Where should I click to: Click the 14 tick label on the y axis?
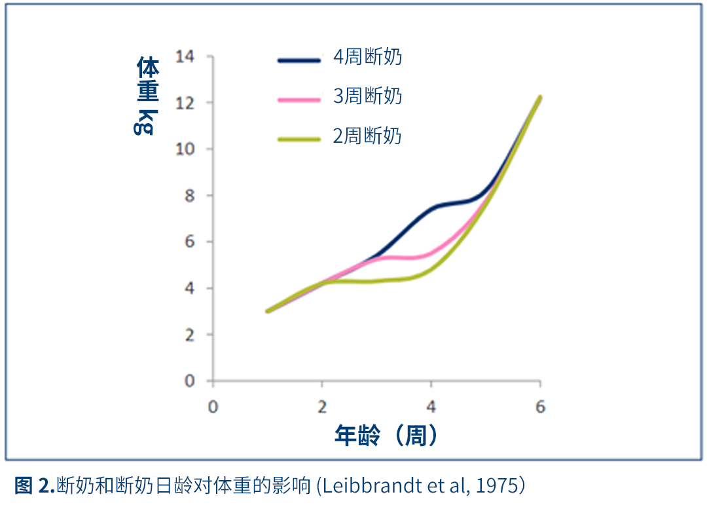point(185,56)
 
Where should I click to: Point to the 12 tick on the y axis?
point(185,103)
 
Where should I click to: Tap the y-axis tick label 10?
point(185,149)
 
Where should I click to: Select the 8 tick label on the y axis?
point(190,195)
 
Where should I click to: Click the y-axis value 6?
point(190,242)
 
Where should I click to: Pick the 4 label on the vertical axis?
point(190,288)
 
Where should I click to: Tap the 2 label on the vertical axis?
point(190,335)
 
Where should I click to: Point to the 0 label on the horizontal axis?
point(213,407)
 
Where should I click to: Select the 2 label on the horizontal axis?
point(321,407)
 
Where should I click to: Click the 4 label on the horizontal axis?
point(431,407)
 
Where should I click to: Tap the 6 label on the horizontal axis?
point(540,407)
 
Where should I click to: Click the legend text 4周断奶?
point(367,58)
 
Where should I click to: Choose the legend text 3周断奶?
point(367,97)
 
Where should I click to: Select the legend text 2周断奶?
point(367,136)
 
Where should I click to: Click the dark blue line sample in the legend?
point(299,60)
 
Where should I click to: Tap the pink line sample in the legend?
point(299,100)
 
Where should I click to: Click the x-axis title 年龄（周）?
point(386,436)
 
